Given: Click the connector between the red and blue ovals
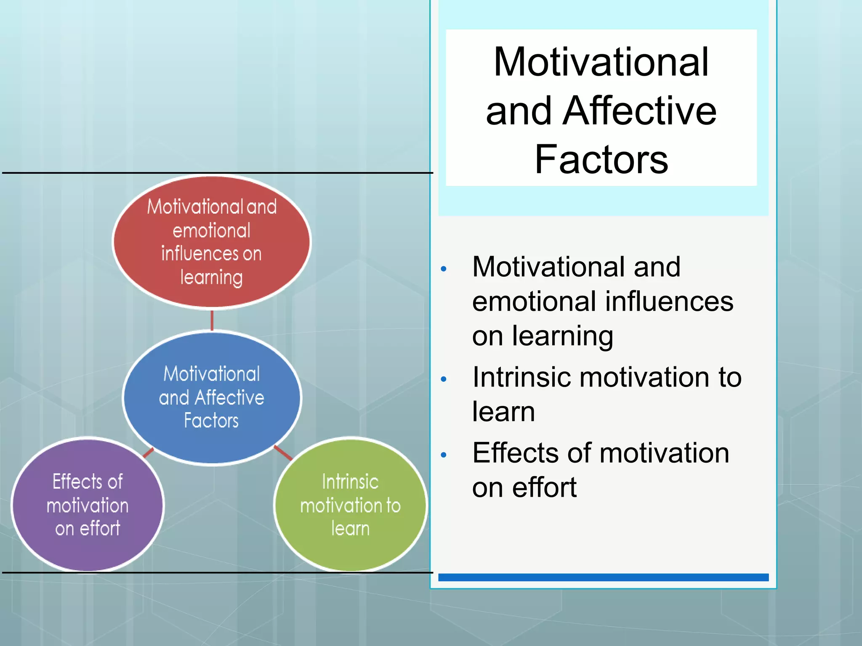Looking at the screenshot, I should click(212, 320).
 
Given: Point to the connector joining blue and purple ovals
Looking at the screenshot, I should click(148, 453).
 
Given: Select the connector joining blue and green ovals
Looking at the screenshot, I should click(283, 453).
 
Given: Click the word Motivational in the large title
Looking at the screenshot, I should click(601, 62).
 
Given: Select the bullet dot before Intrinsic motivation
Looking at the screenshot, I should click(443, 379).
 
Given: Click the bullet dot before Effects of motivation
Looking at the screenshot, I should click(443, 455).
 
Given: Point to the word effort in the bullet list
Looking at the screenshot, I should click(544, 488).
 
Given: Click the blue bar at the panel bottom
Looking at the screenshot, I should click(603, 577).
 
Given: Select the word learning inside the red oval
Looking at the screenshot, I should click(212, 278).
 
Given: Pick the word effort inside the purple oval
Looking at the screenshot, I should click(100, 528).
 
